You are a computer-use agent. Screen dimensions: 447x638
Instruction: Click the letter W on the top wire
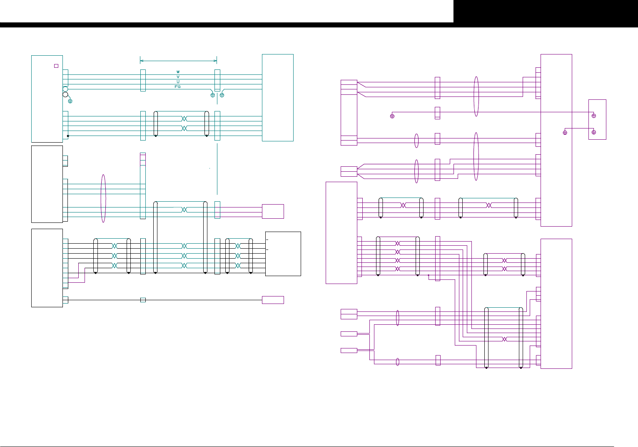tap(178, 72)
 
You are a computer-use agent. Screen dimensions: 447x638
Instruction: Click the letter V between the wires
tap(178, 77)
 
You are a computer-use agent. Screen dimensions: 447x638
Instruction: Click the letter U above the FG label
tap(178, 82)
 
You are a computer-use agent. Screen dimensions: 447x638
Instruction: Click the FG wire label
tap(177, 87)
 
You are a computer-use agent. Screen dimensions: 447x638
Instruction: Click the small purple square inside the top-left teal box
tap(56, 66)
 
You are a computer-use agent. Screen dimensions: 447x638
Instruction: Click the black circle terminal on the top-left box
tap(65, 95)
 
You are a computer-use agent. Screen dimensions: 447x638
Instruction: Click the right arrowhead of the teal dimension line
tap(216, 61)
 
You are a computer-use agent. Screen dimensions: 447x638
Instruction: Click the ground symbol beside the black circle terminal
tap(70, 101)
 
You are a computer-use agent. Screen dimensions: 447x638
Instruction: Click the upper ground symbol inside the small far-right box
tap(594, 116)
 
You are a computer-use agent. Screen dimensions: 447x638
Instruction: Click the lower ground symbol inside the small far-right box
tap(594, 132)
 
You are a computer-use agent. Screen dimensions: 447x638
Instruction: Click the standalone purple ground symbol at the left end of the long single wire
tap(392, 116)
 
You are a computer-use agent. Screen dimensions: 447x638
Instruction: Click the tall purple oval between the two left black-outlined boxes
tap(103, 198)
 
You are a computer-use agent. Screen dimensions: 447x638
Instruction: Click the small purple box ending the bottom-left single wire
tap(273, 300)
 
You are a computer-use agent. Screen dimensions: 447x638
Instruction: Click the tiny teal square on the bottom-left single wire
tap(143, 300)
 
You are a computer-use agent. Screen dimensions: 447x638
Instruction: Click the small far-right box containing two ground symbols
tap(597, 119)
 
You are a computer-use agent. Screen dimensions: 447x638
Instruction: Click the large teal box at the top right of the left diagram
tap(278, 98)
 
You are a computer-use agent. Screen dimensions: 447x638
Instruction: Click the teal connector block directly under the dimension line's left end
tap(143, 80)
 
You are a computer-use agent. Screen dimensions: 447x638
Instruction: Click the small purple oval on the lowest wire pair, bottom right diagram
tap(398, 362)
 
